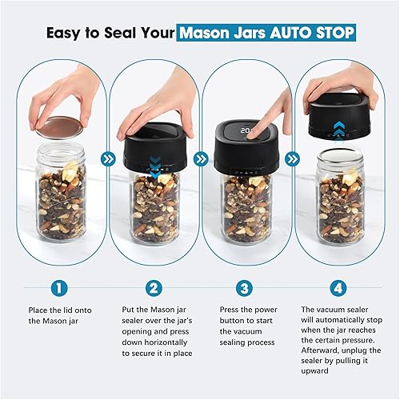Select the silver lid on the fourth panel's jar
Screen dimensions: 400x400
pos(340,158)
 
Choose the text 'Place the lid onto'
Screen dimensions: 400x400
pos(58,310)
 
